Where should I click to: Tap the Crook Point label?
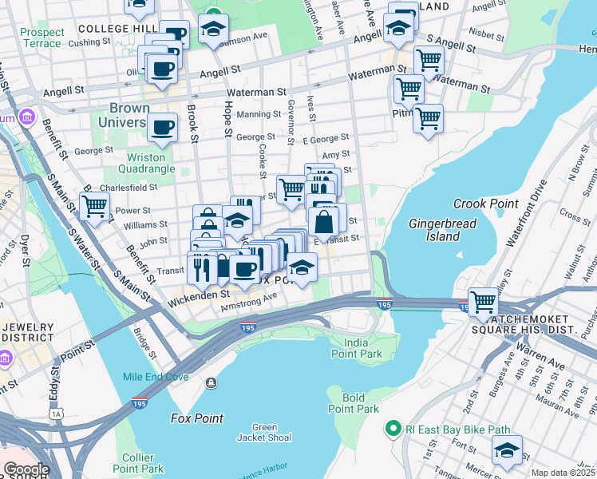pyautogui.click(x=485, y=204)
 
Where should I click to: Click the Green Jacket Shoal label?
pyautogui.click(x=263, y=432)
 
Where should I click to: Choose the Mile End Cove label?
pyautogui.click(x=156, y=377)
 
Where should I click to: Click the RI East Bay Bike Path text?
pyautogui.click(x=457, y=430)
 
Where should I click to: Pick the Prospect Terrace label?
pyautogui.click(x=42, y=38)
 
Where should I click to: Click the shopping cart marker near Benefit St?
pyautogui.click(x=95, y=206)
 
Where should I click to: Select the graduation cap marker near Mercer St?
pyautogui.click(x=507, y=450)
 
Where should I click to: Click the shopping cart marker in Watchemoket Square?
pyautogui.click(x=484, y=302)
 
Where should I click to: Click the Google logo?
pyautogui.click(x=26, y=469)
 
